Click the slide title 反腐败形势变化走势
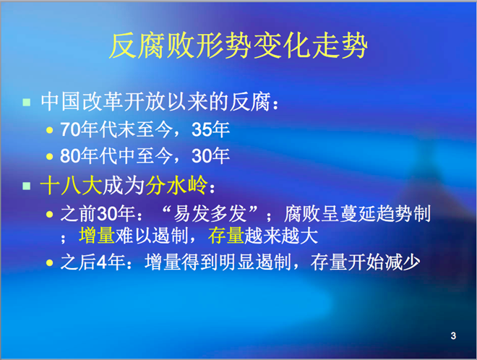[x=239, y=46]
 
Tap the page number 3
[x=453, y=335]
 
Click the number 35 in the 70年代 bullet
[x=202, y=129]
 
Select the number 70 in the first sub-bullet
[x=70, y=129]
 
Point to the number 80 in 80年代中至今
[x=70, y=156]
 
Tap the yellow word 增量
[x=97, y=236]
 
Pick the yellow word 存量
[x=226, y=236]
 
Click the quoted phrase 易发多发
[x=210, y=214]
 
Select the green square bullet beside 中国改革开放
[x=27, y=102]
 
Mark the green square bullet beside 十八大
[x=27, y=186]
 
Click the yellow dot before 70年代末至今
[x=49, y=131]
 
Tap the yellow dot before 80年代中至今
[x=49, y=157]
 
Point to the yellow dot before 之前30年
[x=49, y=214]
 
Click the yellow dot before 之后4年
[x=49, y=262]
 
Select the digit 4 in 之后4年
[x=102, y=262]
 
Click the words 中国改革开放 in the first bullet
[x=103, y=102]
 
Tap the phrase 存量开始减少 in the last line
[x=366, y=262]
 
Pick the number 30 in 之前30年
[x=107, y=214]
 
